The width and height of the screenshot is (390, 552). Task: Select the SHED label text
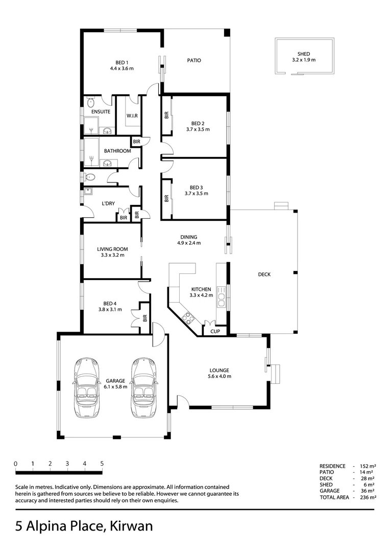pos(304,54)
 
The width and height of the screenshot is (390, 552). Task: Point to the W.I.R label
pos(132,116)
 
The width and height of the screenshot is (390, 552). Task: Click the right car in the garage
pos(143,387)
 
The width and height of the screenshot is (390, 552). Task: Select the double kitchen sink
pos(222,297)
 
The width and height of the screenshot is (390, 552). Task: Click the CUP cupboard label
pos(215,332)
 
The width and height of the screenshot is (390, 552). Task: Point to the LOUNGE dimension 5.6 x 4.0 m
pos(219,377)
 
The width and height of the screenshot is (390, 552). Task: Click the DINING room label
pos(188,237)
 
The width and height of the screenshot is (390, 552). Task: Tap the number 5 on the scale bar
pos(102,464)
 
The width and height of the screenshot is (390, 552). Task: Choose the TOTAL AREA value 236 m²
pos(368,497)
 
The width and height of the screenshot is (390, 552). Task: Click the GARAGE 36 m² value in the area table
pos(369,491)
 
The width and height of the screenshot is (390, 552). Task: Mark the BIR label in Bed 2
pos(166,116)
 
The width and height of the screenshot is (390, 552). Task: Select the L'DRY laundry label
pos(108,203)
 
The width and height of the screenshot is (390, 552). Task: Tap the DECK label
pos(264,274)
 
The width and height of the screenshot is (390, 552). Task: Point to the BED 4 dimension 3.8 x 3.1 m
pos(110,309)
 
